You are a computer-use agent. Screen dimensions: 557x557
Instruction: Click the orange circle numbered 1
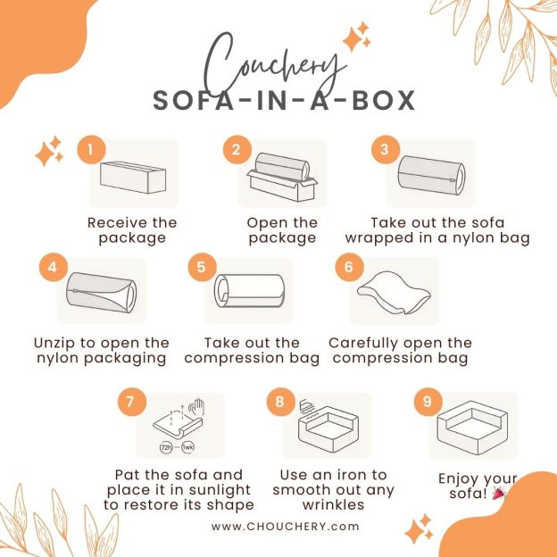(91, 150)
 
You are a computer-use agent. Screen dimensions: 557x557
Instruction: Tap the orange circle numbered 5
(202, 267)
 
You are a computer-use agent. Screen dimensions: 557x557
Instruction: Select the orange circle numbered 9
(428, 402)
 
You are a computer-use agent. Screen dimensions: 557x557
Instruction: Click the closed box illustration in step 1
(133, 178)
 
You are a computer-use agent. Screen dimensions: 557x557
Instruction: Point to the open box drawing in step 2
(282, 178)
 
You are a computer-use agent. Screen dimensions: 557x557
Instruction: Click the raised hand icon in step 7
(196, 407)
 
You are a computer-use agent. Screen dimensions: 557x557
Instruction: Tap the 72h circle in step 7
(166, 447)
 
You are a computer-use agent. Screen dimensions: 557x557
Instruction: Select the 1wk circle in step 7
(188, 447)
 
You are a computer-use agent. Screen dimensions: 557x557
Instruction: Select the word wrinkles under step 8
(333, 505)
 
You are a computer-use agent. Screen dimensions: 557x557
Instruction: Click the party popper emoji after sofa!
(499, 494)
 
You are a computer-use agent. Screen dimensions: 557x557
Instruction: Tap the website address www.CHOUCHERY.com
(286, 527)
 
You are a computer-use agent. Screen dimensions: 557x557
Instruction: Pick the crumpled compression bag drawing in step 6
(394, 293)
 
